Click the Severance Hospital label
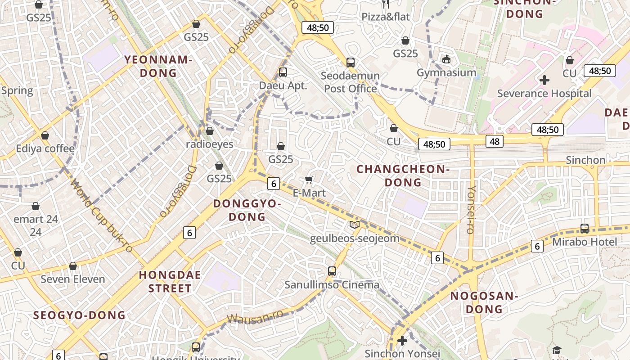pos(544,94)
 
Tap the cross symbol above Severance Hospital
pos(544,81)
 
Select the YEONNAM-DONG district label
pos(158,66)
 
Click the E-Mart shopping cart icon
pos(309,180)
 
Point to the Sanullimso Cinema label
pos(332,285)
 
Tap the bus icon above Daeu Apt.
pos(283,72)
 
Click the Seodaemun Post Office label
pos(350,82)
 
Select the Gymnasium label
pos(446,72)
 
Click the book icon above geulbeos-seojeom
pos(355,225)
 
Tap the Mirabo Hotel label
pos(585,242)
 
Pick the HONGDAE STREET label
pos(170,282)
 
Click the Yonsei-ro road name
pos(471,209)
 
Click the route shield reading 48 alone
pos(495,142)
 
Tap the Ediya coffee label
pos(45,148)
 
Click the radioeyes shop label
pos(210,144)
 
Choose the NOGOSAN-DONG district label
pos(484,302)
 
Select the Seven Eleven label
pos(73,279)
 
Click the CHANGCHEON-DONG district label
pos(403,175)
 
